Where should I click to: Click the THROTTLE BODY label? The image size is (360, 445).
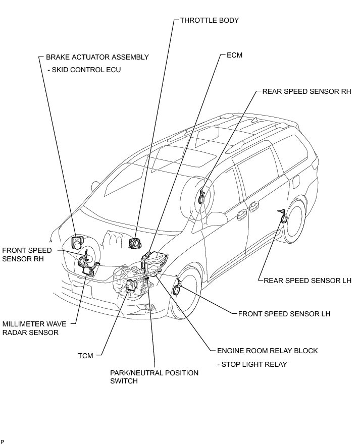click(x=209, y=21)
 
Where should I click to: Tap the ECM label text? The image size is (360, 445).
click(x=234, y=55)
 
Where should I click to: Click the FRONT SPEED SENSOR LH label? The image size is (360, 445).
click(x=284, y=313)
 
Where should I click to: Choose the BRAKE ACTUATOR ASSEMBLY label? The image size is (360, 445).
click(x=97, y=57)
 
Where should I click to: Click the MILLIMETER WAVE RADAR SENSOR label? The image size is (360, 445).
click(x=30, y=328)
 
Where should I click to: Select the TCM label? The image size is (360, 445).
click(x=86, y=356)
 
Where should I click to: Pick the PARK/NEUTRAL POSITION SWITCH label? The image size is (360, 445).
click(x=154, y=377)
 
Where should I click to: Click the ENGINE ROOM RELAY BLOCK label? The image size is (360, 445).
click(x=267, y=350)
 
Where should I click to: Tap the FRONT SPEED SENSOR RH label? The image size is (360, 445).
click(x=27, y=254)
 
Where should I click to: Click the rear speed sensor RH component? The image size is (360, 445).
click(x=202, y=195)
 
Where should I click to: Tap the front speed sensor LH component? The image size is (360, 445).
click(x=177, y=289)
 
